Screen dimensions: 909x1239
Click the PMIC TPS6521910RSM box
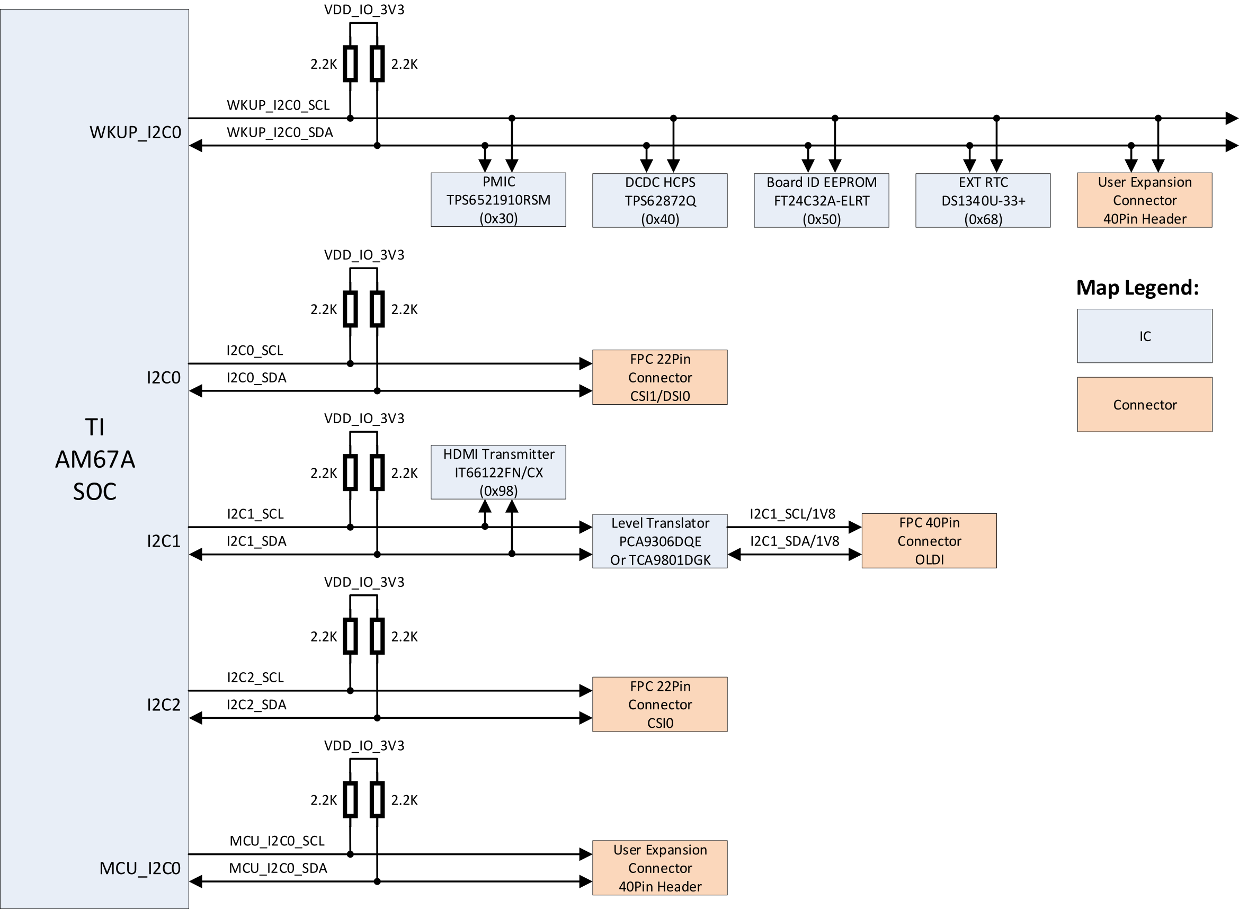498,199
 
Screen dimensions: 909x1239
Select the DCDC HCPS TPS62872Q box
659,200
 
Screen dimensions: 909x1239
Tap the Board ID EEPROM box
821,200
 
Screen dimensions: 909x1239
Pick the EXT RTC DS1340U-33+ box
983,200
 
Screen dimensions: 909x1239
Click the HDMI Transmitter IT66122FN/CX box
498,472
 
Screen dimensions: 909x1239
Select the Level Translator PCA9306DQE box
659,541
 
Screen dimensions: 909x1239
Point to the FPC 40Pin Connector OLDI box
929,540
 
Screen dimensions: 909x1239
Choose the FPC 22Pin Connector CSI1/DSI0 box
659,377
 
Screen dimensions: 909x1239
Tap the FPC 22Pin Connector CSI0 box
659,705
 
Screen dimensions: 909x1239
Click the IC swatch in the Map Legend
1144,336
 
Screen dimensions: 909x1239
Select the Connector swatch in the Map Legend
1144,404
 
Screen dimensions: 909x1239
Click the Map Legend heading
1137,288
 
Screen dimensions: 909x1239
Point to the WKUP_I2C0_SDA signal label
280,132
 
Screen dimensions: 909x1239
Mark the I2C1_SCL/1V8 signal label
792,514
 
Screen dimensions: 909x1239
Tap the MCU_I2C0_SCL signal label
277,841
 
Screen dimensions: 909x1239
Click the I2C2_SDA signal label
256,705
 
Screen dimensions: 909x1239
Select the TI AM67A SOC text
95,459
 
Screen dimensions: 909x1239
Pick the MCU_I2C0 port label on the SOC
140,868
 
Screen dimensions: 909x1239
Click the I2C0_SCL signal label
255,351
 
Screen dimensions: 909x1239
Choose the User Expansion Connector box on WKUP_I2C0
1144,200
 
